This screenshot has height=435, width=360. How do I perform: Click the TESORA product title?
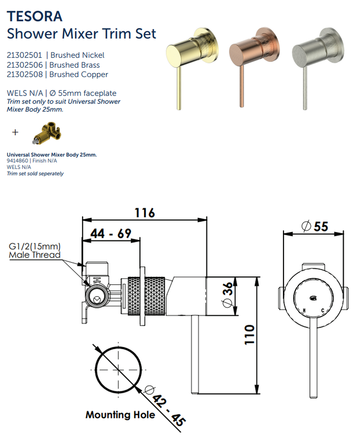[35, 16]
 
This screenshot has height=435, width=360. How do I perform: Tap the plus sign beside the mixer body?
[15, 132]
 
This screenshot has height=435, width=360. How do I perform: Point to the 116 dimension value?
[145, 212]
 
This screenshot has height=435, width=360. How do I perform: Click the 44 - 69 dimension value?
[110, 234]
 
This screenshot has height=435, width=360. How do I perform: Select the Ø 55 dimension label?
[315, 226]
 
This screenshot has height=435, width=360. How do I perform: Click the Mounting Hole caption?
[120, 415]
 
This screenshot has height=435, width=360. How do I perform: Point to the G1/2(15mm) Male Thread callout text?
[34, 251]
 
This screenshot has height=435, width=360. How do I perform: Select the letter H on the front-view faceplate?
[304, 311]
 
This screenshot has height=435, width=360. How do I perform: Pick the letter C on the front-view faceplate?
[323, 311]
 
